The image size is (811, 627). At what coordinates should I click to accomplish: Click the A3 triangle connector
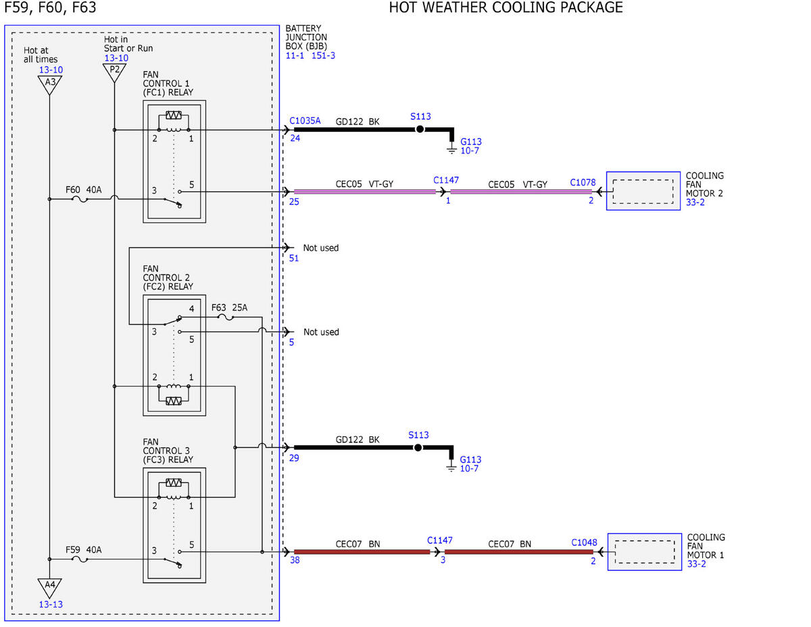pyautogui.click(x=49, y=85)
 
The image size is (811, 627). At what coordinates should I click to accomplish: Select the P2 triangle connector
pyautogui.click(x=114, y=72)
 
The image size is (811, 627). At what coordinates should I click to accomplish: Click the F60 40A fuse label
pyautogui.click(x=83, y=189)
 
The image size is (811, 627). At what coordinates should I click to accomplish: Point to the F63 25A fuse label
pyautogui.click(x=229, y=307)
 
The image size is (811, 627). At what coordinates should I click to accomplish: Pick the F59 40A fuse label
pyautogui.click(x=83, y=550)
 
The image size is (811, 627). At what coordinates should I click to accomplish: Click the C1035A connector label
pyautogui.click(x=305, y=120)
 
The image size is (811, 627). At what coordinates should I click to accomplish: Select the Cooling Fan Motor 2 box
pyautogui.click(x=643, y=191)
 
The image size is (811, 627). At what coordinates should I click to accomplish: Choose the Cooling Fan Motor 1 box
pyautogui.click(x=645, y=551)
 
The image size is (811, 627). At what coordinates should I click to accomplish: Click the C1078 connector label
pyautogui.click(x=583, y=182)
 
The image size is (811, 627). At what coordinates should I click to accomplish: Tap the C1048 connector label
pyautogui.click(x=584, y=542)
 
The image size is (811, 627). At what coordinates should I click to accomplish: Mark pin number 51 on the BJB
pyautogui.click(x=294, y=258)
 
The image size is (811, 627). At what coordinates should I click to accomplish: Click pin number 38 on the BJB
pyautogui.click(x=295, y=560)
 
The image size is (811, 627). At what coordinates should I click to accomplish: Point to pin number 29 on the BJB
pyautogui.click(x=294, y=458)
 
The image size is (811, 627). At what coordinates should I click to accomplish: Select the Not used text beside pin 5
pyautogui.click(x=321, y=332)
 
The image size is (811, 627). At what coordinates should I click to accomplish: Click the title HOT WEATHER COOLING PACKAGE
pyautogui.click(x=506, y=7)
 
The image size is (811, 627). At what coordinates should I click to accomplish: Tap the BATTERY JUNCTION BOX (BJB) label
pyautogui.click(x=306, y=37)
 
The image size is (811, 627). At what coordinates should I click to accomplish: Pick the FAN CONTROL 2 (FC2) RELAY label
pyautogui.click(x=168, y=277)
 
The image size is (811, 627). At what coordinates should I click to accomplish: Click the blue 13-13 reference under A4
pyautogui.click(x=51, y=604)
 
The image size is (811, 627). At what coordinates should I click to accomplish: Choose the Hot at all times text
pyautogui.click(x=41, y=55)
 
